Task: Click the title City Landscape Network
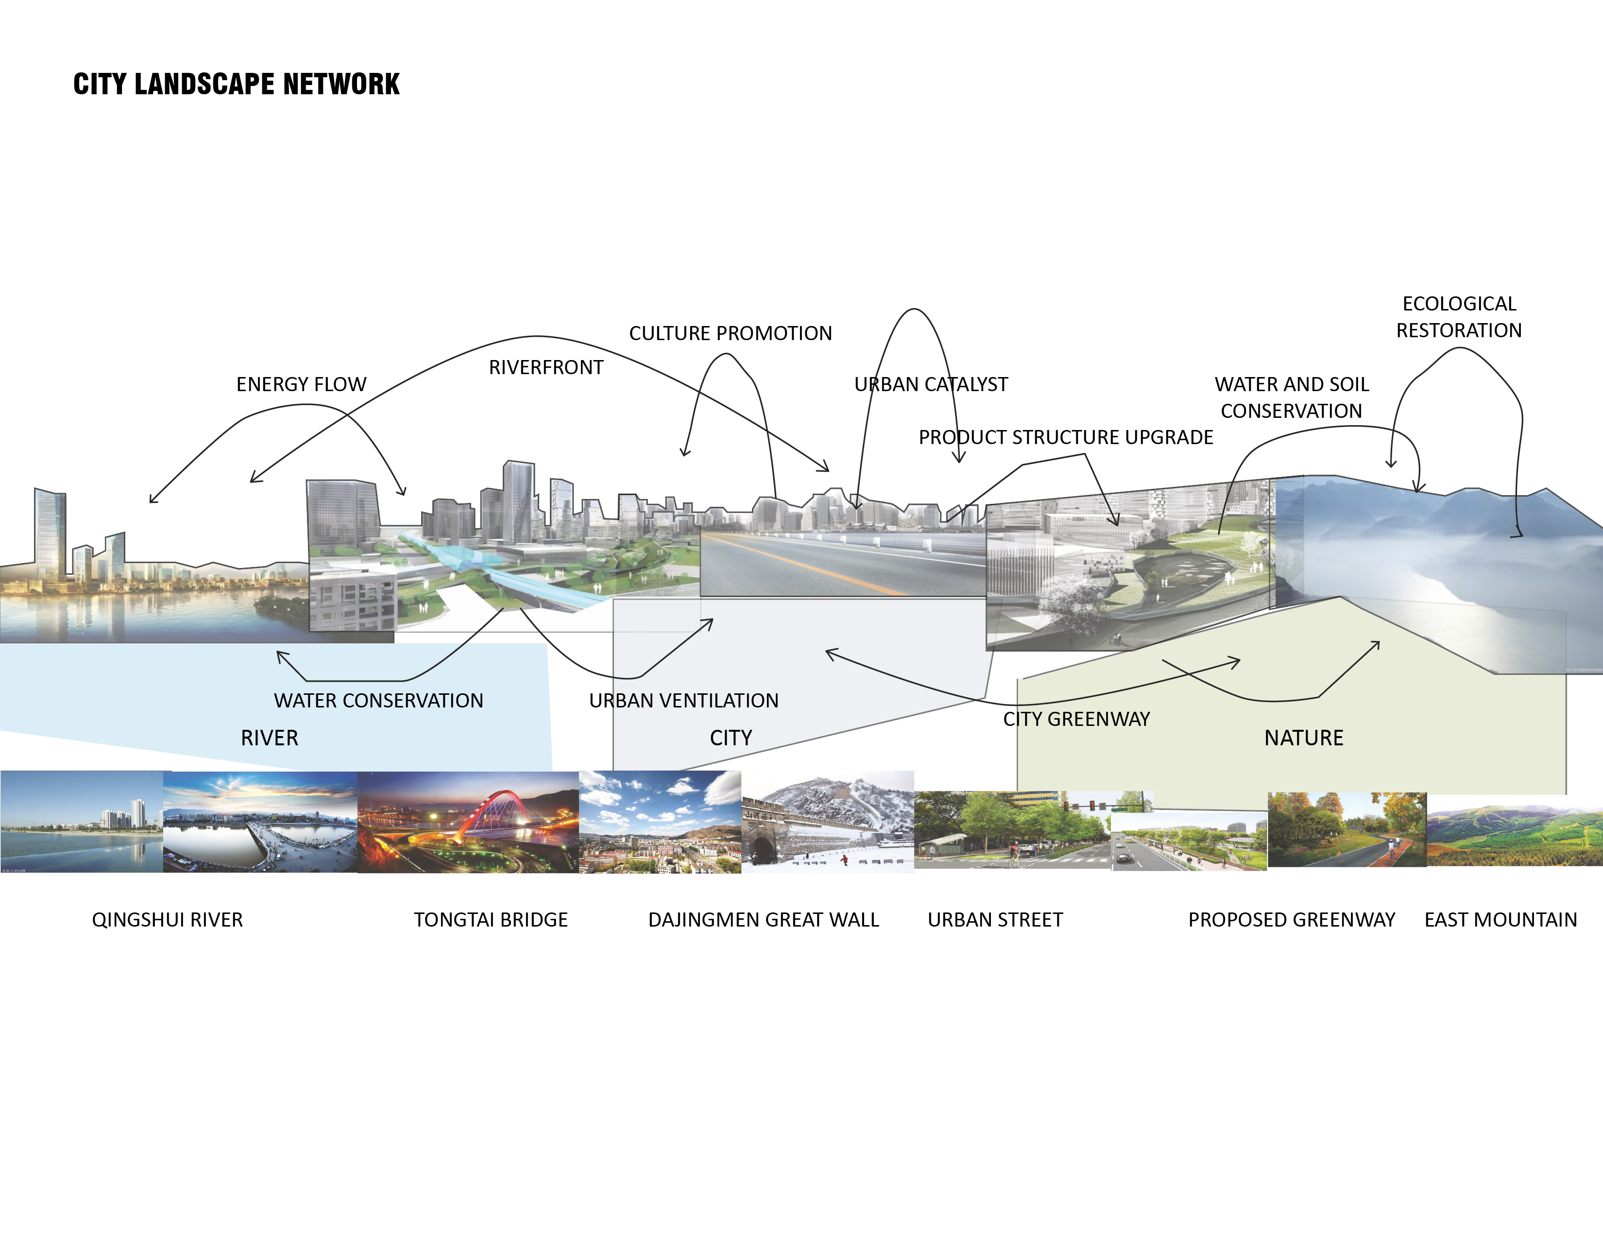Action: (237, 85)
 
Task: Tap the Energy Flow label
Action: (301, 385)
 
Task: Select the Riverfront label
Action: (546, 368)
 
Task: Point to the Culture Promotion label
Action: (730, 334)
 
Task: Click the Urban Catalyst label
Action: (931, 385)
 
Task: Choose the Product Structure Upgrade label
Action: (1066, 437)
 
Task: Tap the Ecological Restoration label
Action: (1458, 317)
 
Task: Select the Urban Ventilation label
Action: (683, 701)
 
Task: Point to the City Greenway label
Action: (1076, 719)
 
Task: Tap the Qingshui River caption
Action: (168, 920)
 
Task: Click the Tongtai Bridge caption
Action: (490, 920)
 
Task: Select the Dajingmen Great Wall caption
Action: (763, 920)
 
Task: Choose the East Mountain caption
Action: (1500, 920)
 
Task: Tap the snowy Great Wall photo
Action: (827, 822)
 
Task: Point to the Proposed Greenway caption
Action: (1291, 920)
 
